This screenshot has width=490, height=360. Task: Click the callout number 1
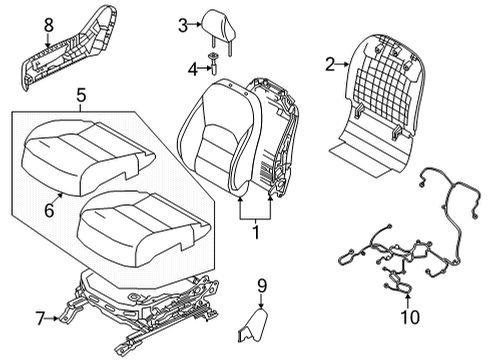click(x=255, y=233)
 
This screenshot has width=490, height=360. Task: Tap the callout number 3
click(x=182, y=26)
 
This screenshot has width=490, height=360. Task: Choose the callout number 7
click(x=39, y=318)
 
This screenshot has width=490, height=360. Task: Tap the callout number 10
click(x=409, y=318)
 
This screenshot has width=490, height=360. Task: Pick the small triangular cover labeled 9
click(x=255, y=326)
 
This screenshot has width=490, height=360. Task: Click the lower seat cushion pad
click(x=145, y=225)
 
